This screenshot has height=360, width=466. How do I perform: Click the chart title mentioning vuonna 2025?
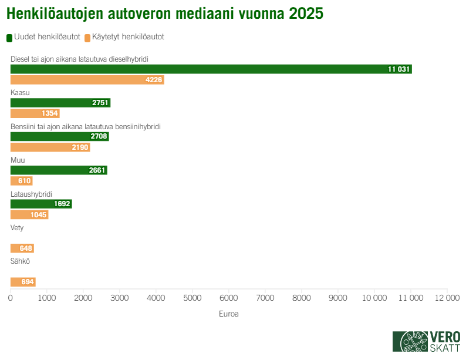[165, 14]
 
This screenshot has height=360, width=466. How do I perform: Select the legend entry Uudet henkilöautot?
[44, 37]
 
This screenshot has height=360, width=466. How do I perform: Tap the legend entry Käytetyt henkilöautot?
[124, 37]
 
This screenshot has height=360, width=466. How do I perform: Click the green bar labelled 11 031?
[211, 69]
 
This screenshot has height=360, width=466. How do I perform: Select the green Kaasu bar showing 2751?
[60, 103]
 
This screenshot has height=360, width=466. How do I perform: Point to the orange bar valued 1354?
[35, 113]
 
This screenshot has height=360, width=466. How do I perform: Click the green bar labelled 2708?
[59, 137]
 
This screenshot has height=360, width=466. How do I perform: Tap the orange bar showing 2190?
[50, 147]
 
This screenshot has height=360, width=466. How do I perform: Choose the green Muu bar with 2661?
[59, 170]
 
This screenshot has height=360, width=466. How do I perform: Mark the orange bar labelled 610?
[22, 181]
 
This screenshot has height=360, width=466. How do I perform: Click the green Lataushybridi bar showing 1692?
[41, 204]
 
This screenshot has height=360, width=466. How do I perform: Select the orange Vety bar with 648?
[22, 248]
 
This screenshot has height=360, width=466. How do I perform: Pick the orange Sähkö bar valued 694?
[23, 282]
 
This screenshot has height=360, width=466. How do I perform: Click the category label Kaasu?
[20, 93]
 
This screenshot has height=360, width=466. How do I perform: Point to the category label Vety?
[17, 228]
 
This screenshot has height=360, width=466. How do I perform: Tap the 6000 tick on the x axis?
[228, 298]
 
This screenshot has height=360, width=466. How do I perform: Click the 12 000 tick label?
[447, 298]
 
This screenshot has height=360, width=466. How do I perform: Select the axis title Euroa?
[228, 314]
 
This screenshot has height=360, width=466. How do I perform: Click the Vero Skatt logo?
[426, 341]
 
